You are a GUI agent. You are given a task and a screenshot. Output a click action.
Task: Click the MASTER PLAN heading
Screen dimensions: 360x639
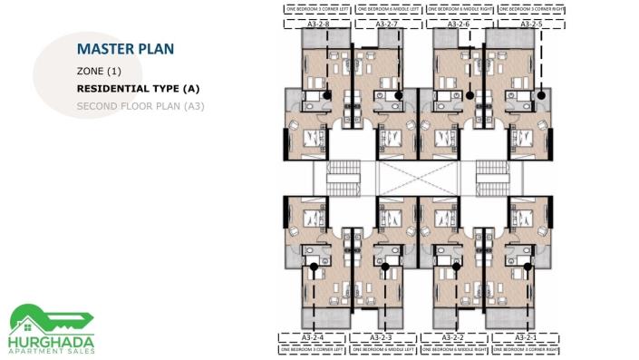pos(125,48)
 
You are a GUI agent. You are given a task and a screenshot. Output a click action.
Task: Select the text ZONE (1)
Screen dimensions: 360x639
pos(99,71)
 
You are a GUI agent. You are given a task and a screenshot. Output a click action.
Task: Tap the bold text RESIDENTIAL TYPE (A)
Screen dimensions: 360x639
pos(138,89)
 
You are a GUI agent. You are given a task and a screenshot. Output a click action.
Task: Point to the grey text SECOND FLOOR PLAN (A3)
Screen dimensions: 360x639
pos(140,106)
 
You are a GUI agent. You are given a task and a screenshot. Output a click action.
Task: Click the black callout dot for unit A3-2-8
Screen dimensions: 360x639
pos(327,94)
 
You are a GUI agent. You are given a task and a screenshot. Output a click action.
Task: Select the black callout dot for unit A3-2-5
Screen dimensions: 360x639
pos(541,94)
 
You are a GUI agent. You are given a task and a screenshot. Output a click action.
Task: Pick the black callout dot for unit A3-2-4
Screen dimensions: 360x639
pos(314,267)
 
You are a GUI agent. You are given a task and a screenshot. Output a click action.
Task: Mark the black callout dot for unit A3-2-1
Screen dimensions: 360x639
pos(528,267)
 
